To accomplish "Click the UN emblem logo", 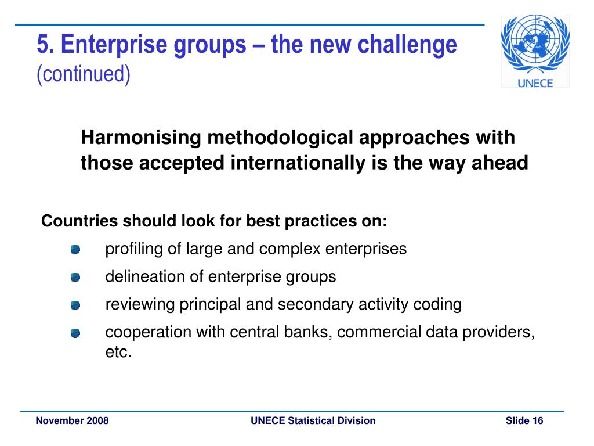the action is click(x=535, y=44).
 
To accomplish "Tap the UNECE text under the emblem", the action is click(x=535, y=83).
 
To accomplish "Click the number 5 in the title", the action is click(x=43, y=44).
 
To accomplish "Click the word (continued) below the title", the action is click(x=84, y=74).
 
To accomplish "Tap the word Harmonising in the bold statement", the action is click(x=141, y=138).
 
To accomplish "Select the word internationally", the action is click(x=298, y=163).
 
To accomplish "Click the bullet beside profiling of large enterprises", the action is click(x=75, y=250).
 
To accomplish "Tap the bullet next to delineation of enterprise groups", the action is click(x=75, y=278).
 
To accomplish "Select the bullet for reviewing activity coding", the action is click(x=75, y=305).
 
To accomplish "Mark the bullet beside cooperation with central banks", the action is click(x=75, y=333).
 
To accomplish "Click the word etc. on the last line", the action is click(x=118, y=352).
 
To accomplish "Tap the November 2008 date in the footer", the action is click(x=72, y=420).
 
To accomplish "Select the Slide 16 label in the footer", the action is click(x=524, y=420).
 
